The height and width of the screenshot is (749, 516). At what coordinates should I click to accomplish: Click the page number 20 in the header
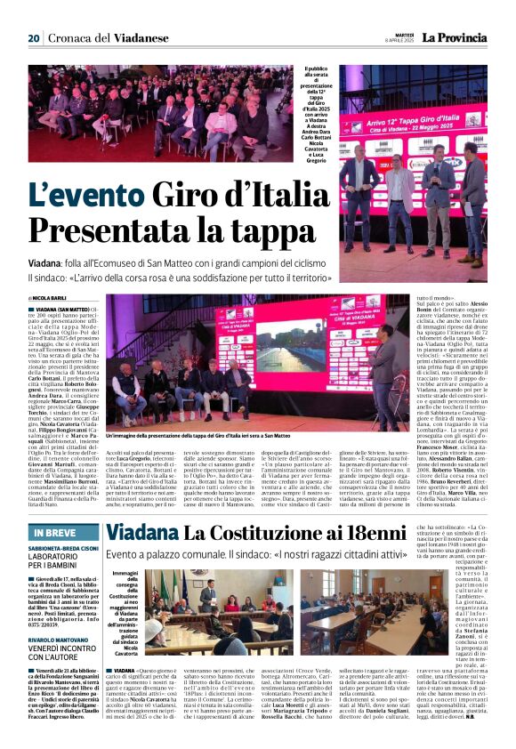pos(34,37)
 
